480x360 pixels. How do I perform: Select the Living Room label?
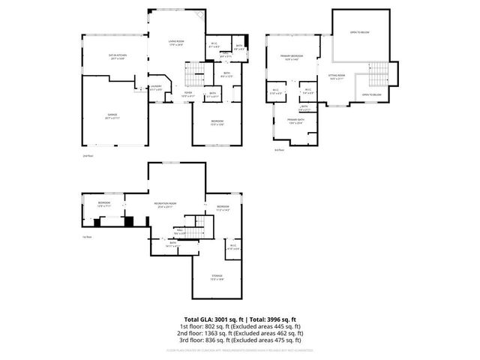click(176, 41)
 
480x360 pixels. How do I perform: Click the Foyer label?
click(188, 94)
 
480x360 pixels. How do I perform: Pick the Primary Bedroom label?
click(292, 56)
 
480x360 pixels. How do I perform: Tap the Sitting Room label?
click(336, 76)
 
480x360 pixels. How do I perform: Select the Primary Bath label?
click(295, 120)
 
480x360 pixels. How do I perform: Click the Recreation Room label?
click(165, 203)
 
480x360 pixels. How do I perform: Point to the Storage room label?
click(217, 277)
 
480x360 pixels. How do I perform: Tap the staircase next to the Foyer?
click(195, 73)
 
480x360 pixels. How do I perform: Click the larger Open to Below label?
click(359, 32)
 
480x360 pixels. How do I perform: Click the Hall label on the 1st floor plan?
click(180, 230)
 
